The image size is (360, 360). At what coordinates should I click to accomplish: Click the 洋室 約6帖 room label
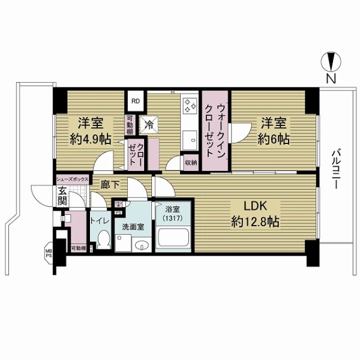pyautogui.click(x=274, y=131)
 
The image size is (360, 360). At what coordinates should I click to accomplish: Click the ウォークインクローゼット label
pyautogui.click(x=215, y=130)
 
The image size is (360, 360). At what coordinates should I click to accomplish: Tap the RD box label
pyautogui.click(x=136, y=101)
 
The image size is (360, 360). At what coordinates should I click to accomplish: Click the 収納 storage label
pyautogui.click(x=191, y=163)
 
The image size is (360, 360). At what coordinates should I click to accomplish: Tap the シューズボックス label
pyautogui.click(x=73, y=179)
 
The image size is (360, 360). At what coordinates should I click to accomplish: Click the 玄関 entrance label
pyautogui.click(x=62, y=196)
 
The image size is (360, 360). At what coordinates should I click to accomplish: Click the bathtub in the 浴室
pyautogui.click(x=174, y=242)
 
